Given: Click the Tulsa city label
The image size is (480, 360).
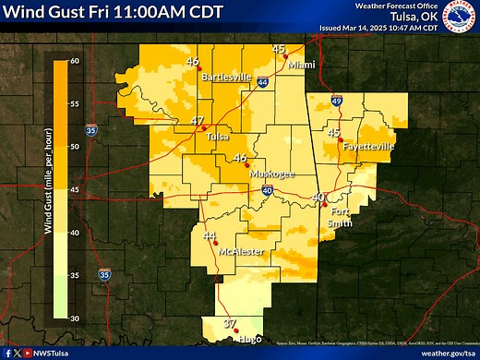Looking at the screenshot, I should click(216, 137).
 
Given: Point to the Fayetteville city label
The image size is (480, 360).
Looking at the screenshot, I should click(368, 147).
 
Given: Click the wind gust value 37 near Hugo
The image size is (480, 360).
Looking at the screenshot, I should click(231, 323).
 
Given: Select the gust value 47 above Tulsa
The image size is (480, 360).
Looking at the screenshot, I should click(198, 121).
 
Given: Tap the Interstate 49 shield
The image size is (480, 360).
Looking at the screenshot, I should click(337, 101).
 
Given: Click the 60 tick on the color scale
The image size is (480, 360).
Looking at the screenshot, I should click(74, 61).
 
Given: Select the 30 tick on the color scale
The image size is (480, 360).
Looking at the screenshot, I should click(74, 318).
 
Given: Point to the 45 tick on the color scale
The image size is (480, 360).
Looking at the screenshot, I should click(74, 190).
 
